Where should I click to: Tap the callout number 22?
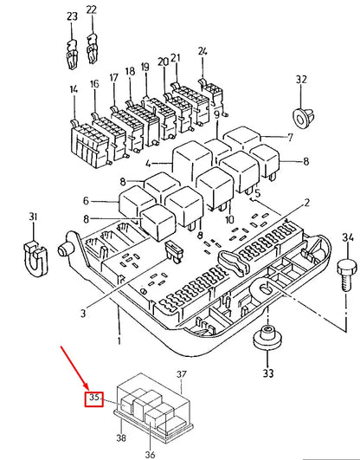click(91, 10)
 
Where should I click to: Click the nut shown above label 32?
click(301, 115)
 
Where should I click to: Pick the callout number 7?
click(292, 138)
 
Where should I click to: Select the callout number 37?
click(182, 373)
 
